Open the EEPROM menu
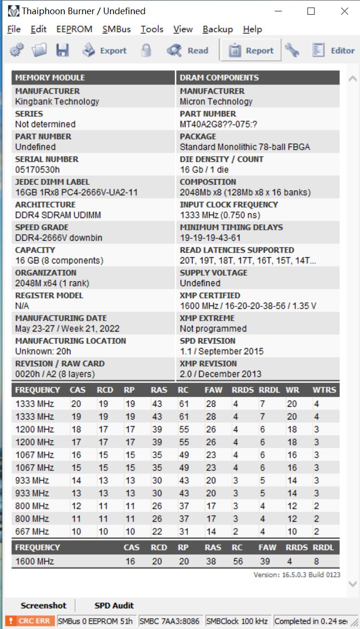coord(74,29)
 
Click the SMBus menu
coord(116,29)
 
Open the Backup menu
coord(218,29)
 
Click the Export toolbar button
coord(105,51)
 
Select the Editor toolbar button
coord(334,51)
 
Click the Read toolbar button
coord(188,51)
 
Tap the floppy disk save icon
coord(62,50)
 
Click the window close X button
coord(344,11)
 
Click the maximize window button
coord(311,11)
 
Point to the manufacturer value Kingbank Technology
coord(57,102)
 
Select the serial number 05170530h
coord(37,170)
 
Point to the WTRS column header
coord(324,390)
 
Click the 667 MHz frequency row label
coord(32,532)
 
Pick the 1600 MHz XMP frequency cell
coord(35,562)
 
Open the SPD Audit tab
coord(114,605)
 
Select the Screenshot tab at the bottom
coord(44,605)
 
